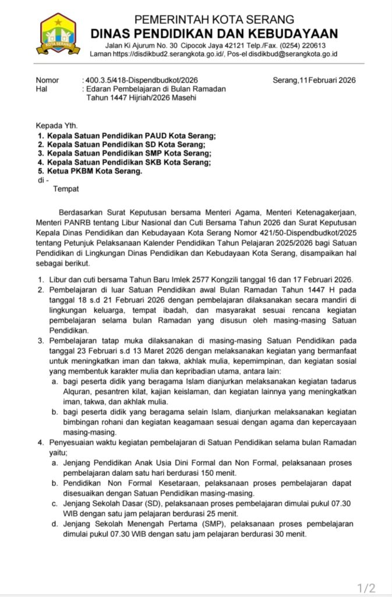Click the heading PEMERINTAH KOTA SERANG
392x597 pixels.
pyautogui.click(x=214, y=19)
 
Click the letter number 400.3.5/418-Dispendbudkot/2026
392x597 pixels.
pyautogui.click(x=148, y=80)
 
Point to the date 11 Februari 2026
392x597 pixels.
pyautogui.click(x=326, y=80)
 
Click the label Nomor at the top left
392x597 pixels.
pyautogui.click(x=48, y=80)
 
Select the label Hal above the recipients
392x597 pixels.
pyautogui.click(x=41, y=89)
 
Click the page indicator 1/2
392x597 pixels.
pyautogui.click(x=366, y=587)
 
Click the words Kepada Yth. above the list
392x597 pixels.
pyautogui.click(x=56, y=125)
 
